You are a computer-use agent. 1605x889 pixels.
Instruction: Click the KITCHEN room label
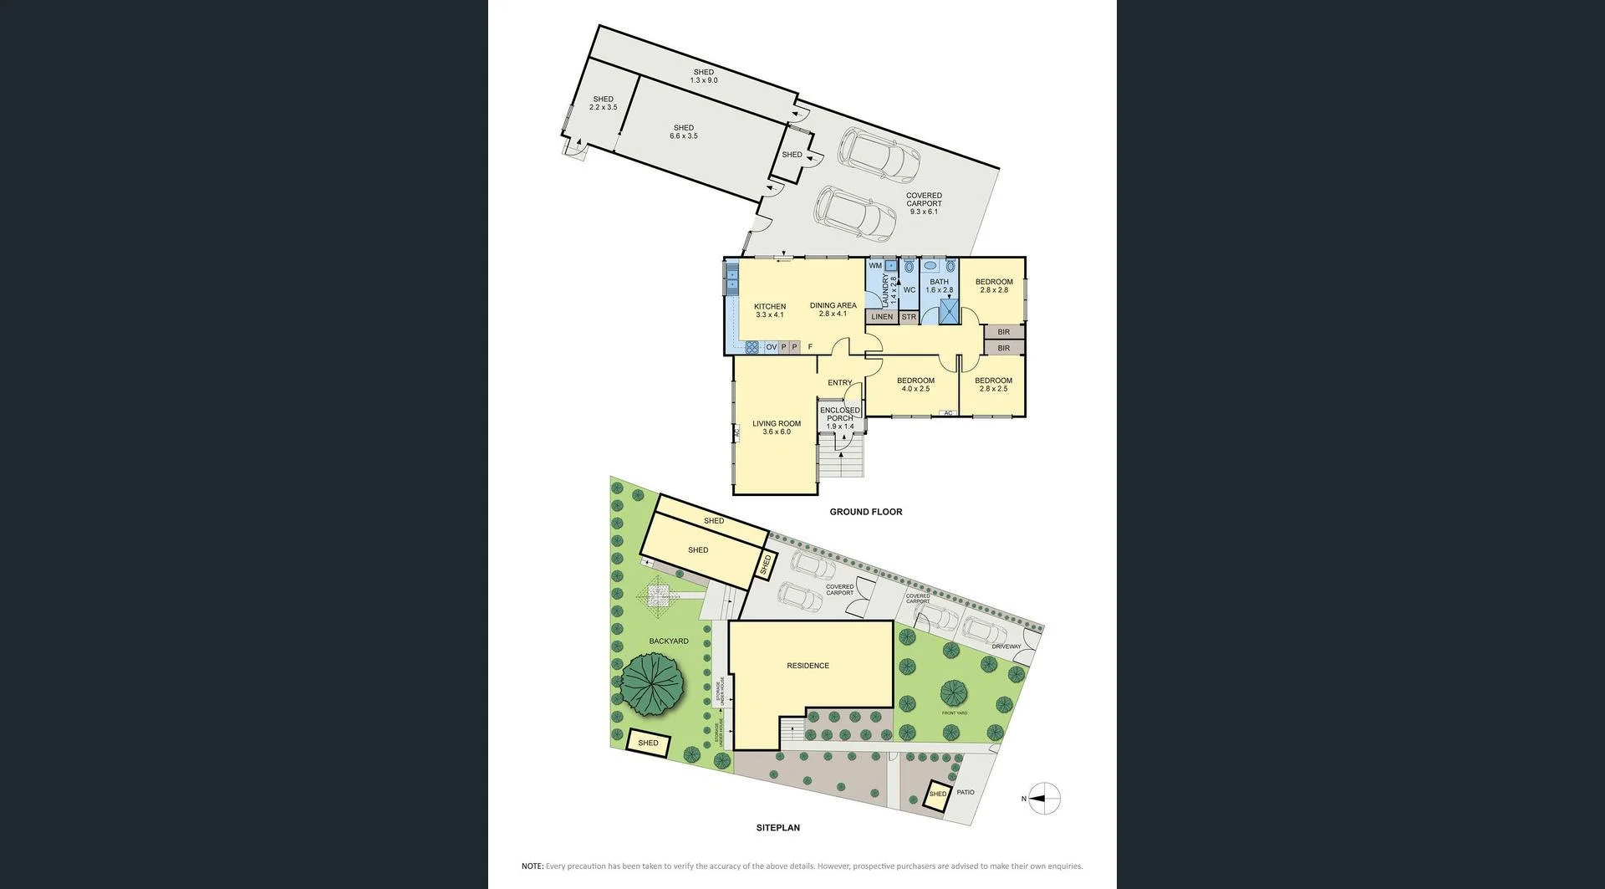point(769,310)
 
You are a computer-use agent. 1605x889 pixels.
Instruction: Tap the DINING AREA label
point(833,309)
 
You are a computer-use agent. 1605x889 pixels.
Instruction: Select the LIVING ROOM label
point(776,427)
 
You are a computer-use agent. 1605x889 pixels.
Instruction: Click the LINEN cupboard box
point(882,317)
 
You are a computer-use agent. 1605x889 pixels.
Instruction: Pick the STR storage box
point(909,317)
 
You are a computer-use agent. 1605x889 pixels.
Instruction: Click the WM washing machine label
point(875,266)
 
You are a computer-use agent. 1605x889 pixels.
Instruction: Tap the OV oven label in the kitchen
point(771,347)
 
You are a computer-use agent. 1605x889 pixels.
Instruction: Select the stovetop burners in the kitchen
point(752,347)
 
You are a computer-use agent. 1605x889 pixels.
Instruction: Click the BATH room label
point(939,286)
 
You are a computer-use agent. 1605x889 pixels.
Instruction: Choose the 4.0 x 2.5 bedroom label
point(915,385)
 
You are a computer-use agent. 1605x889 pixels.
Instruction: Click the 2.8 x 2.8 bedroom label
point(993,286)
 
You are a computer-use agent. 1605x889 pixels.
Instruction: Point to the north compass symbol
point(1043,799)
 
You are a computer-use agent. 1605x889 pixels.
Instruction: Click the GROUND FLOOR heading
point(865,512)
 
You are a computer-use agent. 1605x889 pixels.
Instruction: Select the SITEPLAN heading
point(777,828)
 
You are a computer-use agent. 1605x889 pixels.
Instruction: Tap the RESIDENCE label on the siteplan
point(808,666)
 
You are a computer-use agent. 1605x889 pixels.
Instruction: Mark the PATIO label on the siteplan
point(965,792)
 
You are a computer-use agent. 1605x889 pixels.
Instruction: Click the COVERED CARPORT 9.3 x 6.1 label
point(924,204)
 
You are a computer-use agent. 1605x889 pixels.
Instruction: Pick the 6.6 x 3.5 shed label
point(683,132)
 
